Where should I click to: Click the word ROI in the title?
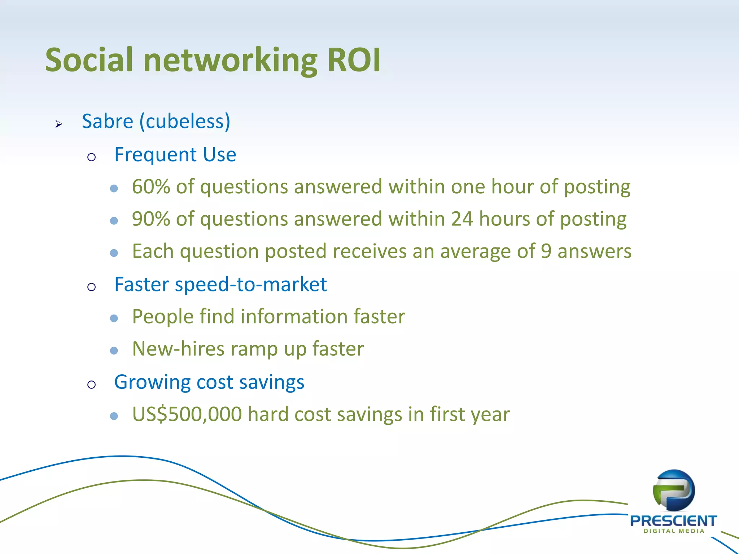click(354, 60)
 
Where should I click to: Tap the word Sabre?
click(108, 121)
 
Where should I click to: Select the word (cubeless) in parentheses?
click(185, 121)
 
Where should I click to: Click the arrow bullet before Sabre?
click(59, 124)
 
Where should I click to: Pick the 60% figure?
click(151, 187)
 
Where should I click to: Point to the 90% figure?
click(151, 219)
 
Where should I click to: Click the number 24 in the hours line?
click(462, 219)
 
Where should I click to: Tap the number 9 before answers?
click(546, 251)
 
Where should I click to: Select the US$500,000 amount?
click(187, 414)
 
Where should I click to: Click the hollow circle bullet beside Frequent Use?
click(91, 157)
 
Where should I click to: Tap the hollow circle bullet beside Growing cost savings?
click(91, 384)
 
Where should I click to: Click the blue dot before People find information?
click(114, 318)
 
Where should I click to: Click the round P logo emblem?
click(673, 491)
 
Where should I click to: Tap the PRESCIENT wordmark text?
click(673, 521)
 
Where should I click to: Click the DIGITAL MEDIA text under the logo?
click(673, 531)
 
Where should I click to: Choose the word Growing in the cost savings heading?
click(152, 382)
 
